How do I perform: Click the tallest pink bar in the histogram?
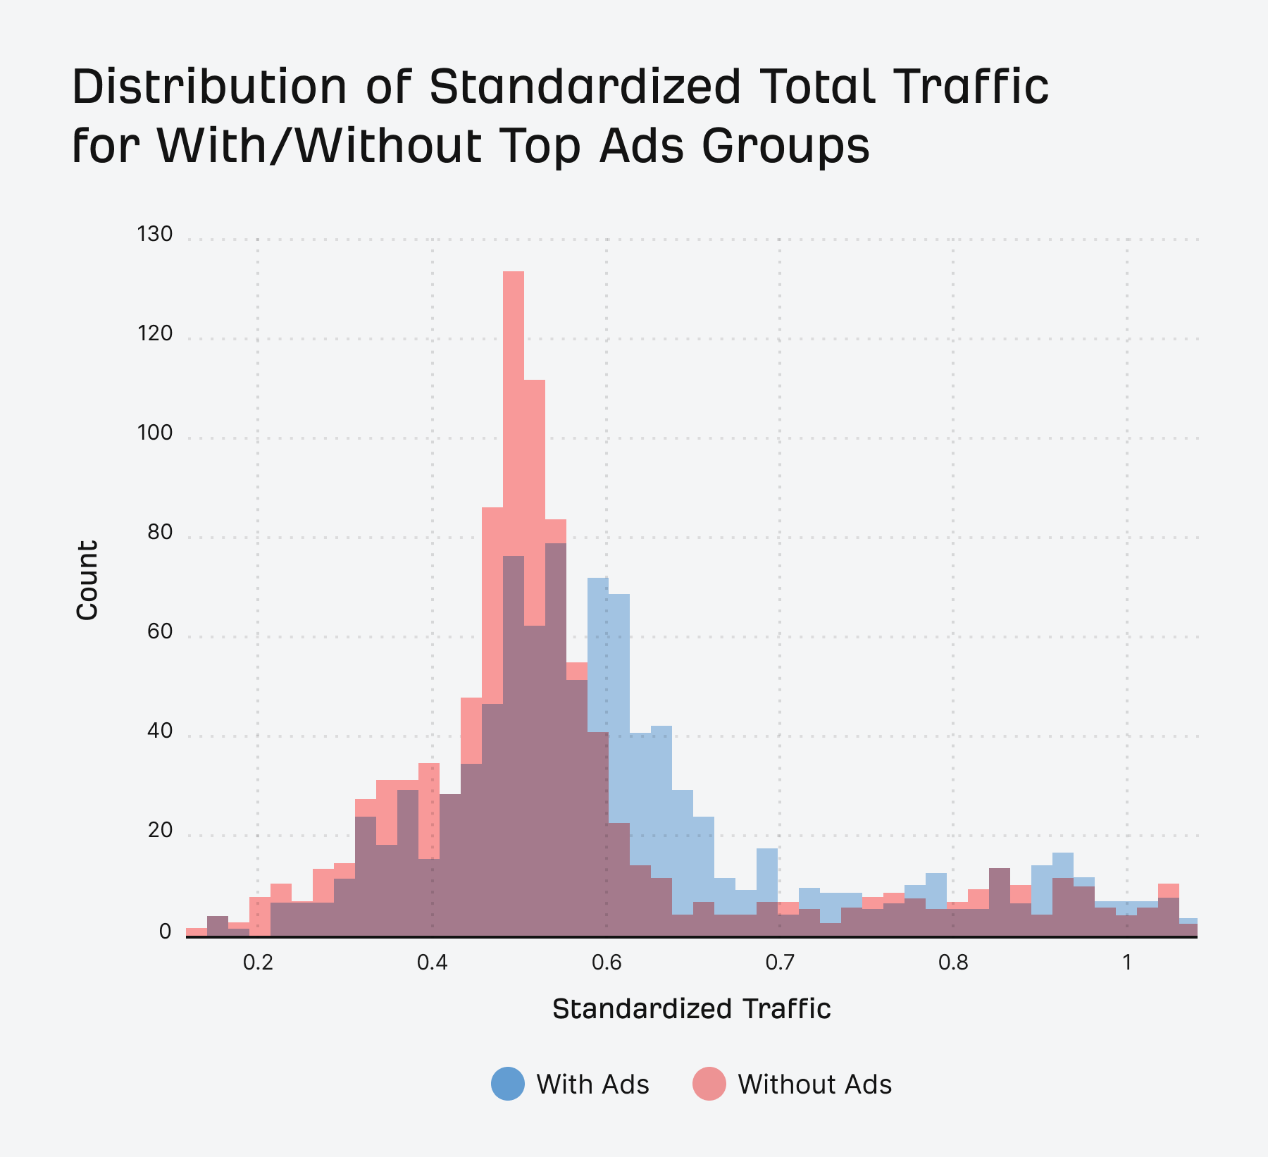[x=514, y=423]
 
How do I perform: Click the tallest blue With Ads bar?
[x=598, y=655]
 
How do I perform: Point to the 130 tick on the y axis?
[x=155, y=234]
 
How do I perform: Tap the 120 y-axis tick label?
[x=155, y=333]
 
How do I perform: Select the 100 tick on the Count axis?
[x=155, y=433]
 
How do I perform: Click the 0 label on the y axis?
[x=166, y=932]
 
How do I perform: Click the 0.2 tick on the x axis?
[x=258, y=963]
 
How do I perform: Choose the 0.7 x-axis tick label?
[x=780, y=963]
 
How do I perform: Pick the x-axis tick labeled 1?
[x=1127, y=963]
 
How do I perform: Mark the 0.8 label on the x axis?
[x=953, y=963]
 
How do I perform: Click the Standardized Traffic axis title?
[x=691, y=1009]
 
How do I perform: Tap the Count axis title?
[x=87, y=580]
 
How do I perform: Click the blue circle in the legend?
[x=508, y=1084]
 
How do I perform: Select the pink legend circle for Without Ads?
[x=709, y=1084]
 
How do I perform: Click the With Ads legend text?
[x=592, y=1084]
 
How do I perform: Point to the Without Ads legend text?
[x=814, y=1084]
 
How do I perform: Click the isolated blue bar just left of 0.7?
[x=767, y=874]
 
